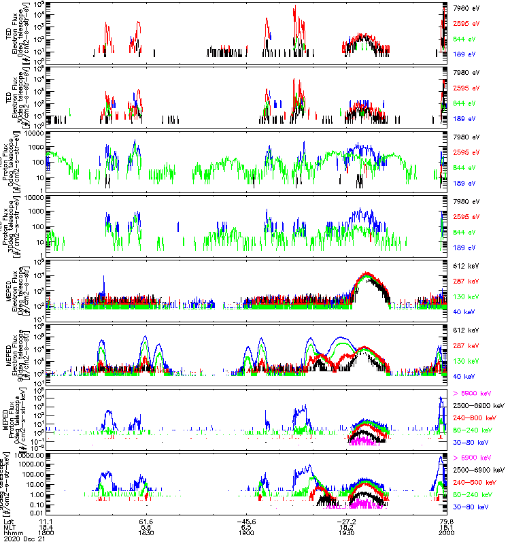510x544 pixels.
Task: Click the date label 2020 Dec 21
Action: click(x=21, y=540)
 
